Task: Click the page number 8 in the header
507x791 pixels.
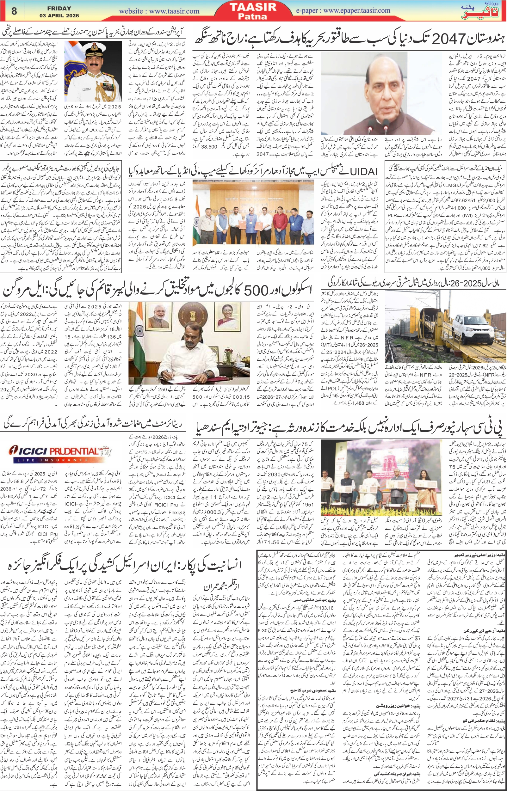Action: [14, 11]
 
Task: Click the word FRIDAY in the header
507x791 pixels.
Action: [59, 8]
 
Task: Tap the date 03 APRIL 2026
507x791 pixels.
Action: [59, 15]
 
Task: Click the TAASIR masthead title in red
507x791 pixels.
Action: [253, 7]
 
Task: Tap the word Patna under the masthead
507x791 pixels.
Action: [252, 16]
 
